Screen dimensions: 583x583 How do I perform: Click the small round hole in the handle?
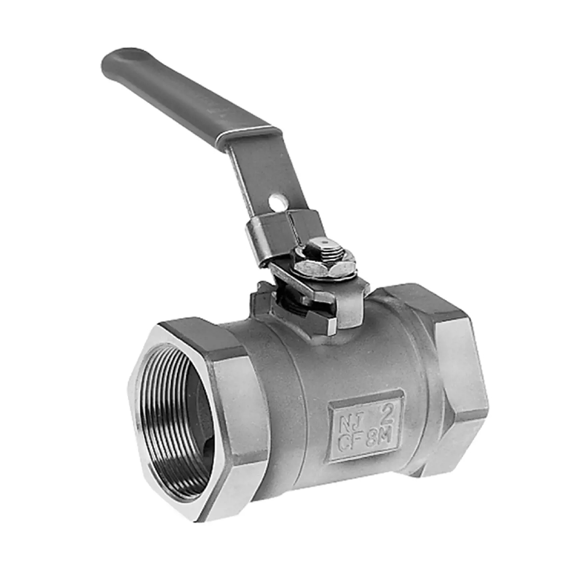click(x=277, y=201)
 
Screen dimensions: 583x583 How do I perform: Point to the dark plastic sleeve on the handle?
click(x=189, y=94)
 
